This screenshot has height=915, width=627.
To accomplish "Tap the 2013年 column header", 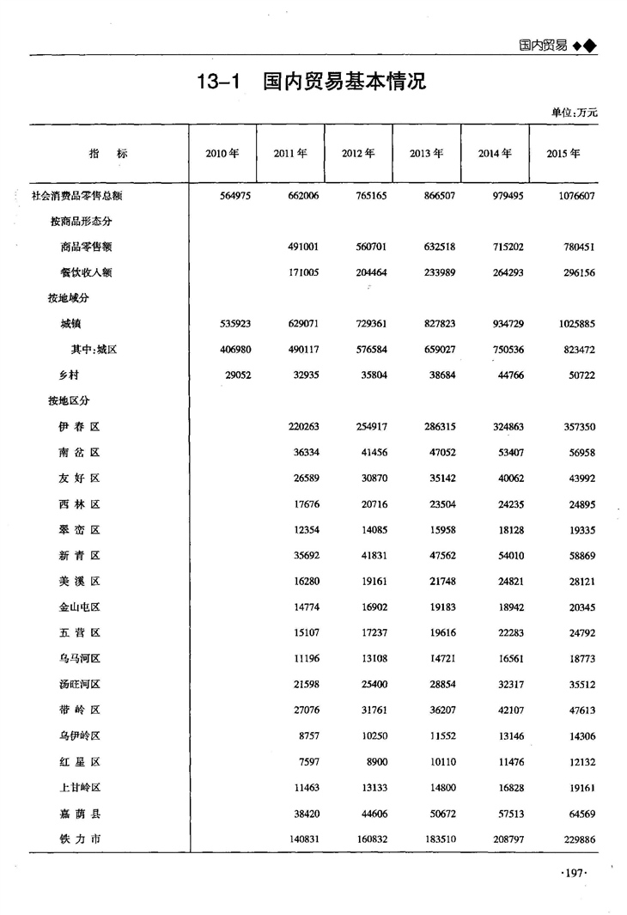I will (x=426, y=154).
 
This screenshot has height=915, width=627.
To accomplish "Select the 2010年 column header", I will (x=222, y=154).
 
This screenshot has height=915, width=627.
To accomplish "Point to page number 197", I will (x=572, y=873).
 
